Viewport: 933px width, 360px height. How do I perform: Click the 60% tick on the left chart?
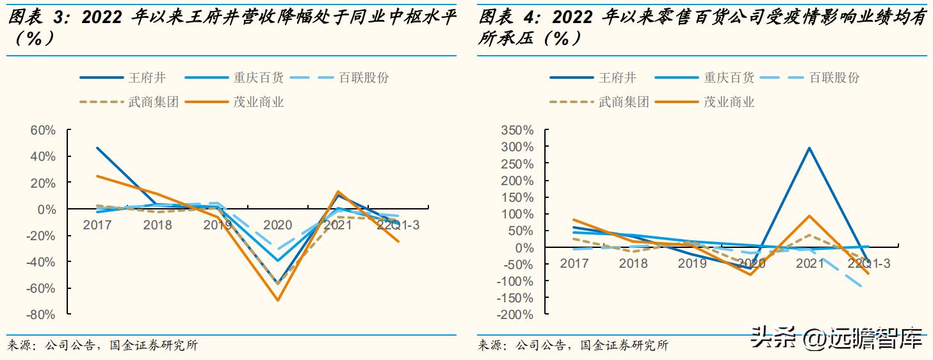(44, 130)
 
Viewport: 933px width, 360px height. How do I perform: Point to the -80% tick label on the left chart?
(42, 315)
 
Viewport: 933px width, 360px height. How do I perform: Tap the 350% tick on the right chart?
(517, 130)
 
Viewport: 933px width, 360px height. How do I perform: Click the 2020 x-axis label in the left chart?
(277, 225)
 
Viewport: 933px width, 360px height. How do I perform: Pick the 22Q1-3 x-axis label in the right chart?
(869, 263)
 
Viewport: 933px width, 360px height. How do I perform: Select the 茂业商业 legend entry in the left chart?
(259, 102)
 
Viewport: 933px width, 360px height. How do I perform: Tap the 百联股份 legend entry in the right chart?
(834, 78)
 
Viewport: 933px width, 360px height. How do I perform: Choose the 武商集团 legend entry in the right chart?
(624, 102)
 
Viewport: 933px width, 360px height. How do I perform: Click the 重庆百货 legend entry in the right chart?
(729, 78)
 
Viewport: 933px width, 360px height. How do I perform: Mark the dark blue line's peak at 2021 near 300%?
(810, 148)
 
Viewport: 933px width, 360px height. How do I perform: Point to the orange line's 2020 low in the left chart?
(278, 300)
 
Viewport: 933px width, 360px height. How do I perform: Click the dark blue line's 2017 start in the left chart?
(97, 148)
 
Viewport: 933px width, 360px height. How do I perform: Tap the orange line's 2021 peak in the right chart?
(810, 216)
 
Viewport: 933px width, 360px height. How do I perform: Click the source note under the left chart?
(102, 346)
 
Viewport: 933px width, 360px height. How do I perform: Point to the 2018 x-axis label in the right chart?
(633, 263)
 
